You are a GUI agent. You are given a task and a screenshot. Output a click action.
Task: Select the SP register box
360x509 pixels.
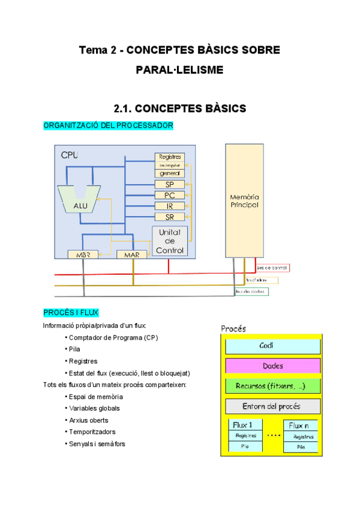pos(170,185)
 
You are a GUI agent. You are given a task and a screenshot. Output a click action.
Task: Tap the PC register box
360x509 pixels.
pos(170,195)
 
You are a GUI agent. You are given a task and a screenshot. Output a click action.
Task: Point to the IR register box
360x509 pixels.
pos(170,206)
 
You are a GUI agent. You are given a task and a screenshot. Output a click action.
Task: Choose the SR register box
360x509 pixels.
pos(170,217)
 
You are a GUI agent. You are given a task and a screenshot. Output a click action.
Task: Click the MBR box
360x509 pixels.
pos(82,254)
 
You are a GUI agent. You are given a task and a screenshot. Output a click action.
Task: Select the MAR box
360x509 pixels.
pos(131,254)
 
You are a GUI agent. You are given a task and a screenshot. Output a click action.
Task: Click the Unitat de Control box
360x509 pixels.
pos(171,241)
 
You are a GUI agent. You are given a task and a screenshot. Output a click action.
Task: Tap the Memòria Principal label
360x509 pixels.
pos(244,200)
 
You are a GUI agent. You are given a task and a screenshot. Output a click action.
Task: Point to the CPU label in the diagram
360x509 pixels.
pos(70,155)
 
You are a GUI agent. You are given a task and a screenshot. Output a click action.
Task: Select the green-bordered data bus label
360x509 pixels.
pos(251,292)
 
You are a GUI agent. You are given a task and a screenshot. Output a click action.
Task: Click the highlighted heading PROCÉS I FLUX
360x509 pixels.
pos(71,312)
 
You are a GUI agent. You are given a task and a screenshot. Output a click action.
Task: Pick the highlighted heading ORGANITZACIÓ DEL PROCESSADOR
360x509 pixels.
pos(109,125)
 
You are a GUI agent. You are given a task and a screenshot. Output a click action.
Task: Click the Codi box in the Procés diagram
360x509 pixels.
pos(273,346)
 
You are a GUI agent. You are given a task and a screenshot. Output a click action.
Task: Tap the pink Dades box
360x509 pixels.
pos(273,366)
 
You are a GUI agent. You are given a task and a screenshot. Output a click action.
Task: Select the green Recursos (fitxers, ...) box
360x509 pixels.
pos(273,386)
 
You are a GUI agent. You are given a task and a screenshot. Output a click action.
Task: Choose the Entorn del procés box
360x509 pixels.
pos(273,406)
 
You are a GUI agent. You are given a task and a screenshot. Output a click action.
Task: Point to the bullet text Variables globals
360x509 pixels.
pos(94,408)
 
